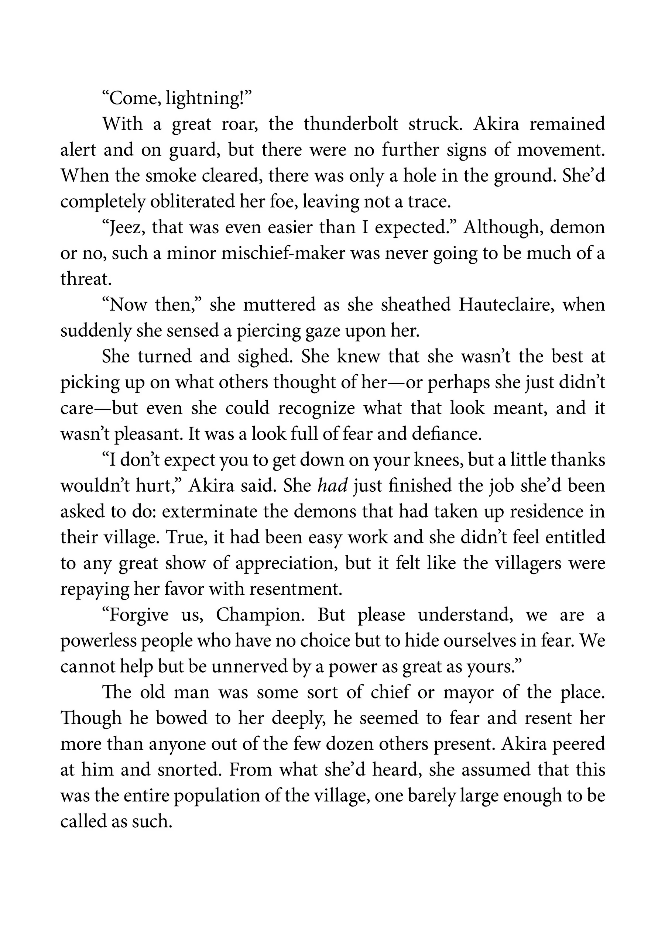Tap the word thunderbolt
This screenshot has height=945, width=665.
pyautogui.click(x=351, y=124)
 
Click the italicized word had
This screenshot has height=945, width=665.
pyautogui.click(x=333, y=486)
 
